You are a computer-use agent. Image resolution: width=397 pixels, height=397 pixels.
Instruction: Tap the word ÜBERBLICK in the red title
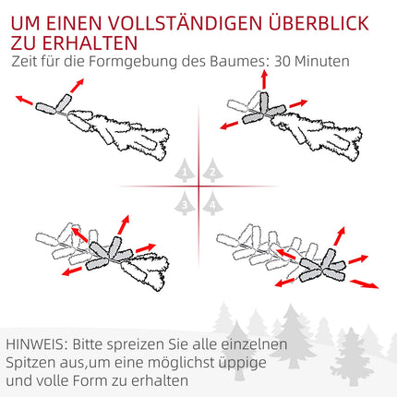[319, 22]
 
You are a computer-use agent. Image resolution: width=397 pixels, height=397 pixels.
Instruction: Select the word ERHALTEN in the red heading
[90, 43]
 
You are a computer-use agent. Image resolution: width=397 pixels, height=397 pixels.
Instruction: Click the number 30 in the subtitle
[282, 61]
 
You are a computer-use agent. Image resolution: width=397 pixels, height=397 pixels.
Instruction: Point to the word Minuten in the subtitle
[322, 61]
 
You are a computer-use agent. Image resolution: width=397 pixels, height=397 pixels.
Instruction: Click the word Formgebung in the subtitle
[133, 62]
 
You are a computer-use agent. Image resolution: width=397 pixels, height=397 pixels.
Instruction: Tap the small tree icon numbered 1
[185, 171]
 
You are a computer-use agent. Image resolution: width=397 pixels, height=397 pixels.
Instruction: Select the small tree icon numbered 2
[212, 171]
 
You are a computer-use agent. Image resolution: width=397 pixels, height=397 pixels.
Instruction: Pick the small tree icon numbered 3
[185, 203]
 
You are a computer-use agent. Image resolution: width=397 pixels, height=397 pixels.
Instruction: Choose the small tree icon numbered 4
[212, 203]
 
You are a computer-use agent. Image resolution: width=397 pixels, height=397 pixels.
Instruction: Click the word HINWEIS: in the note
[37, 344]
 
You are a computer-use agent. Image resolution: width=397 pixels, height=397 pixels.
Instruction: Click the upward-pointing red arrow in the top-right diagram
[264, 79]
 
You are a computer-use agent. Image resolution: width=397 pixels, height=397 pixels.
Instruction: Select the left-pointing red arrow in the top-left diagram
[24, 100]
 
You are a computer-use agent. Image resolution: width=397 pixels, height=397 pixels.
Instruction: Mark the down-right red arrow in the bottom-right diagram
[365, 283]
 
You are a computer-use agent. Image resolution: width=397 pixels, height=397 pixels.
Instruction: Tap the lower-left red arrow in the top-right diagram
[229, 126]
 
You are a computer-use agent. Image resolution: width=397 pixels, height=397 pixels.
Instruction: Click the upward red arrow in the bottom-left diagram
[123, 224]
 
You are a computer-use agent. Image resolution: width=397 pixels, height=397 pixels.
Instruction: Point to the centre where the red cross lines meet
[198, 186]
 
